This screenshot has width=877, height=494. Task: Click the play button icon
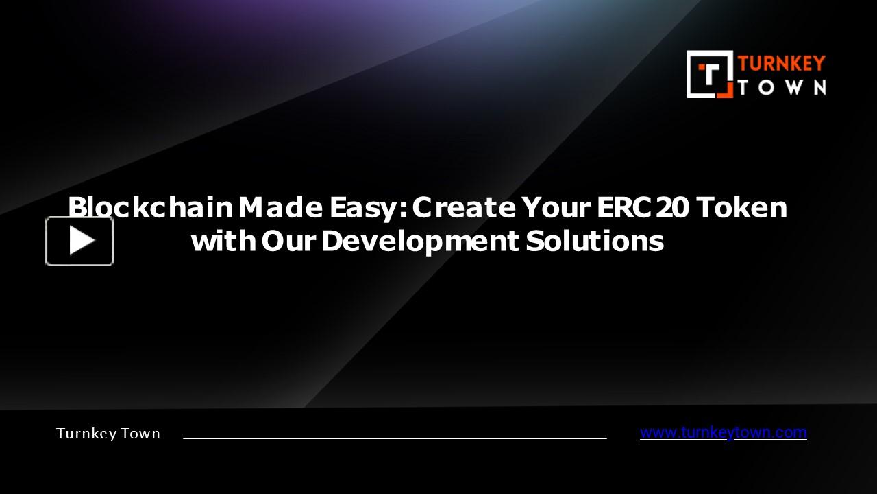coord(79,241)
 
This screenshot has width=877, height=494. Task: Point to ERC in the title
coord(615,207)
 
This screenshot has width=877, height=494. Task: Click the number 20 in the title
coord(671,207)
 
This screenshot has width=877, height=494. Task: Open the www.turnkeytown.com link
coord(723,433)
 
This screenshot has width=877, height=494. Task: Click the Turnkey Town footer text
coord(108,434)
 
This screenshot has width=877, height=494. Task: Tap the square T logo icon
coord(710,74)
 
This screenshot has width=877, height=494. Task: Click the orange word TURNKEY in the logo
coord(782,64)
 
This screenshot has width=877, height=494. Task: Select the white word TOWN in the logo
coord(782,87)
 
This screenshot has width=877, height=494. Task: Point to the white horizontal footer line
coord(395,438)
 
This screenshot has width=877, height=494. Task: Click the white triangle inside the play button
coord(82,241)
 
